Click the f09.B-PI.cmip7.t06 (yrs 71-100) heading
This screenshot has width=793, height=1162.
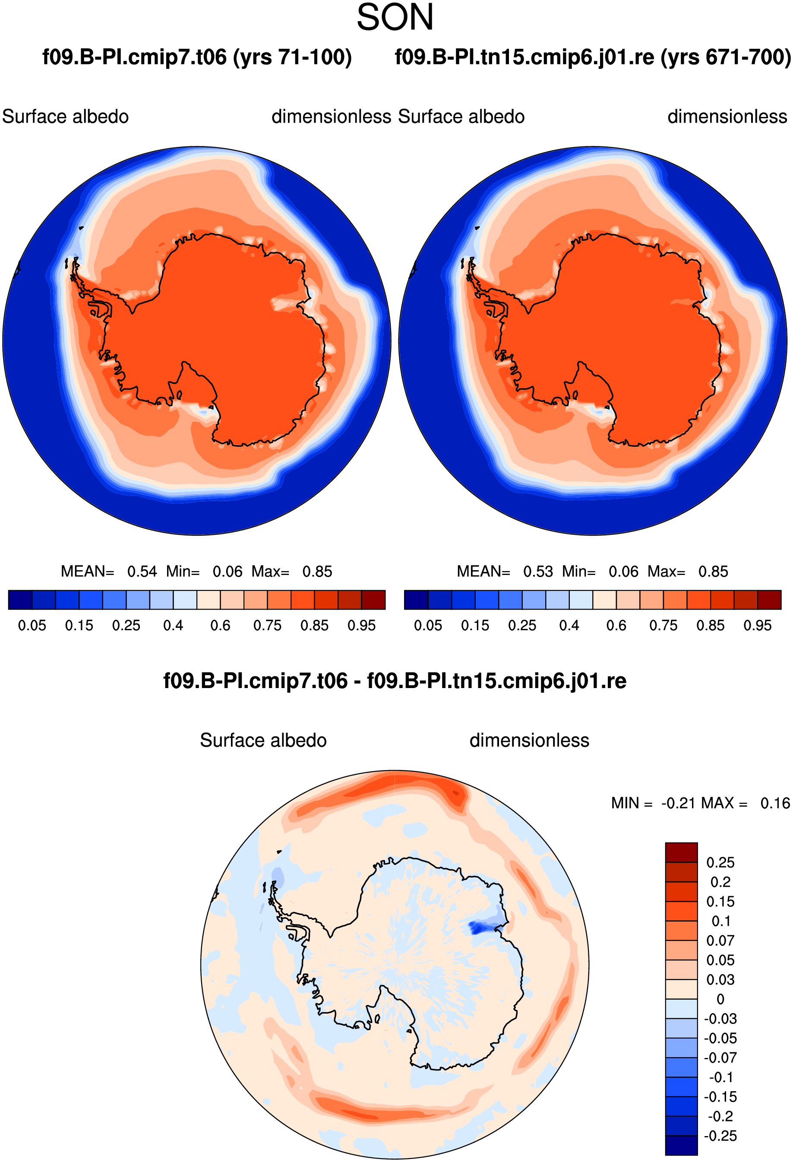pyautogui.click(x=197, y=57)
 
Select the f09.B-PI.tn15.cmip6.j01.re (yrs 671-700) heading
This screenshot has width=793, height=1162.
pyautogui.click(x=593, y=57)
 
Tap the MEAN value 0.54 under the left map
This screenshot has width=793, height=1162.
pyautogui.click(x=142, y=572)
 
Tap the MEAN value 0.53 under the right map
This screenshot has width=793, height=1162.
pyautogui.click(x=538, y=572)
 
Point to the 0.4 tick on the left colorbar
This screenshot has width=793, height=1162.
pyautogui.click(x=173, y=625)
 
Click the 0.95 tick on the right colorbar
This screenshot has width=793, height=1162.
pyautogui.click(x=758, y=625)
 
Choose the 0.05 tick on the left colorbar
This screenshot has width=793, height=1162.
pyautogui.click(x=32, y=625)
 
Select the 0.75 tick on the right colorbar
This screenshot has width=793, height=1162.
pyautogui.click(x=663, y=625)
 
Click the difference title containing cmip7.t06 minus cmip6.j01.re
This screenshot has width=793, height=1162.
pyautogui.click(x=395, y=681)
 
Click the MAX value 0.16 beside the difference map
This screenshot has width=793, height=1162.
pyautogui.click(x=775, y=803)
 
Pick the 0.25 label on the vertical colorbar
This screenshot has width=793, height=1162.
pyautogui.click(x=720, y=862)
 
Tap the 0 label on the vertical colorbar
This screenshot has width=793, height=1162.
pyautogui.click(x=720, y=999)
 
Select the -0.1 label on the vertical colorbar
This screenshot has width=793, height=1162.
pyautogui.click(x=720, y=1077)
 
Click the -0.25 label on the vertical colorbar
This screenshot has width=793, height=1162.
pyautogui.click(x=720, y=1136)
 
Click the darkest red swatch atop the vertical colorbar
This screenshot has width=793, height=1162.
pyautogui.click(x=681, y=853)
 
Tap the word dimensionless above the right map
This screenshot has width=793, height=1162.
pyautogui.click(x=727, y=117)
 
